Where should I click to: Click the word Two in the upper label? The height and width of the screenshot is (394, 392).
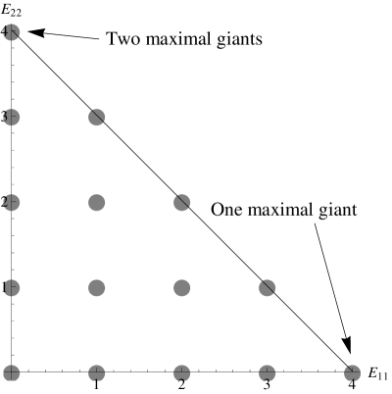coord(123,40)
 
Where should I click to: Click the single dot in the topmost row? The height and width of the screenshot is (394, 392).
coord(11,32)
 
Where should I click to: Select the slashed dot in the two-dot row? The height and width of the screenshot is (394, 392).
coord(96,118)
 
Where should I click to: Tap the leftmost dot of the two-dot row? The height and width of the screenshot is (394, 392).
coord(11,118)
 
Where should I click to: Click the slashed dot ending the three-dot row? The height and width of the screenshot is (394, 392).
coord(181,203)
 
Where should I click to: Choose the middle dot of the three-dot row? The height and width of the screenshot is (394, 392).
coord(96,203)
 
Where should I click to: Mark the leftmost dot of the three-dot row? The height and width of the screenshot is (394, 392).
coord(11,203)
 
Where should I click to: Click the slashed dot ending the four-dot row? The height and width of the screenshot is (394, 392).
coord(267,288)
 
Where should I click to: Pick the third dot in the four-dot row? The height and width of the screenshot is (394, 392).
coord(181,288)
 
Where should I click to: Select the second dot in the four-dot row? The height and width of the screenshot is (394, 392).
coord(96,288)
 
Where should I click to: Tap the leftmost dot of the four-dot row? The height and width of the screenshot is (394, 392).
coord(11,288)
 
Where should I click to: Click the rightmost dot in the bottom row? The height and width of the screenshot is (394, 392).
coord(352,372)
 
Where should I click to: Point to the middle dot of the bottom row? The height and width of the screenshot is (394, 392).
coord(181,372)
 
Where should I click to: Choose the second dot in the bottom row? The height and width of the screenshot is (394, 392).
coord(96,372)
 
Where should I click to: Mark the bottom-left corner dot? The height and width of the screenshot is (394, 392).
coord(11,372)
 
